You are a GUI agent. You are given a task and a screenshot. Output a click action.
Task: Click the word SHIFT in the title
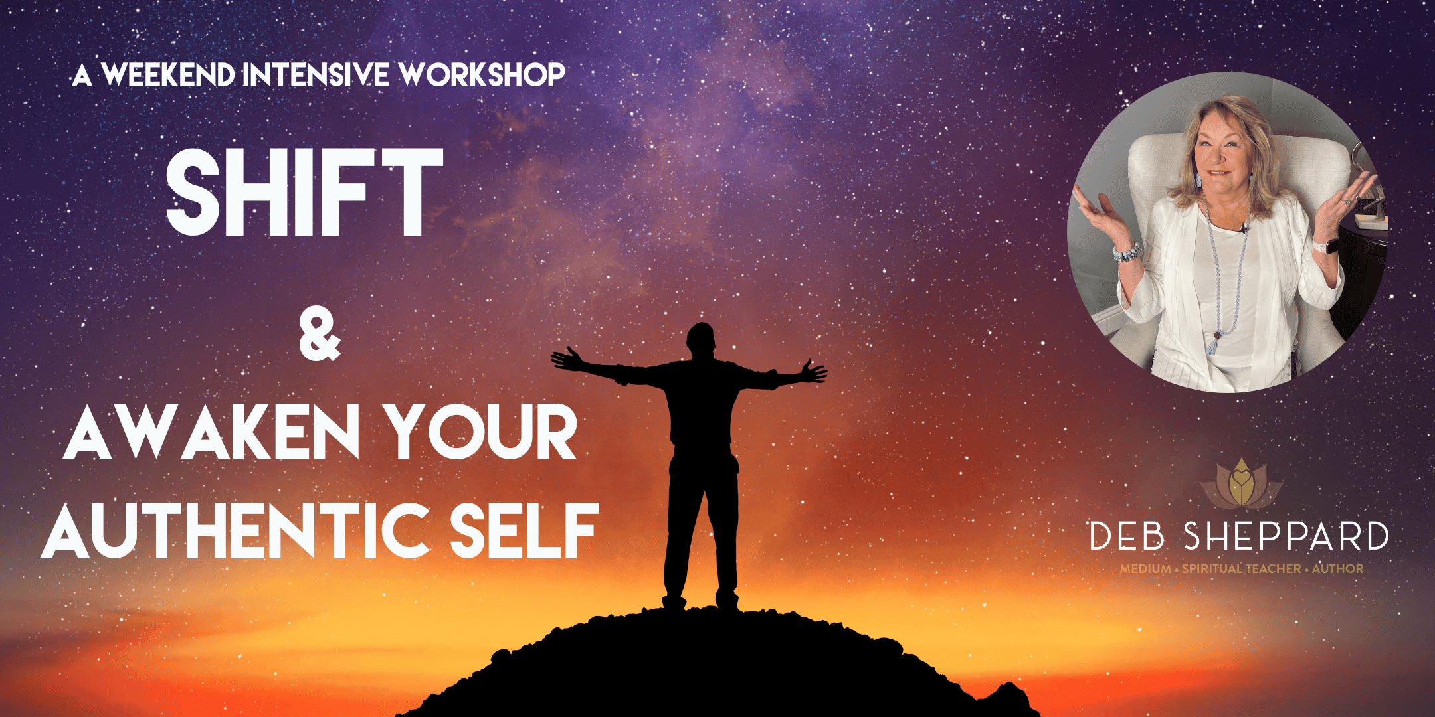[304, 193]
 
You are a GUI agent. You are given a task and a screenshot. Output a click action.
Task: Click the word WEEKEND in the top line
[169, 75]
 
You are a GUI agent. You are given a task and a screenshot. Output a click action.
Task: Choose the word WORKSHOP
[482, 75]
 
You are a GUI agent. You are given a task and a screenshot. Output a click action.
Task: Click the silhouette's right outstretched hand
[814, 371]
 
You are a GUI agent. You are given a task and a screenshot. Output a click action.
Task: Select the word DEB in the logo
[1127, 536]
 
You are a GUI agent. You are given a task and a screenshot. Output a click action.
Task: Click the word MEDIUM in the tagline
[1145, 569]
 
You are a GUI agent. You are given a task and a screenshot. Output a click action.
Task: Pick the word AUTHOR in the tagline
[1337, 569]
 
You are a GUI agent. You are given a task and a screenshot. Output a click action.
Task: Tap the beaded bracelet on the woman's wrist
[1126, 252]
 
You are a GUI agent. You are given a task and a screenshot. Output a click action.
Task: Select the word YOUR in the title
[482, 432]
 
